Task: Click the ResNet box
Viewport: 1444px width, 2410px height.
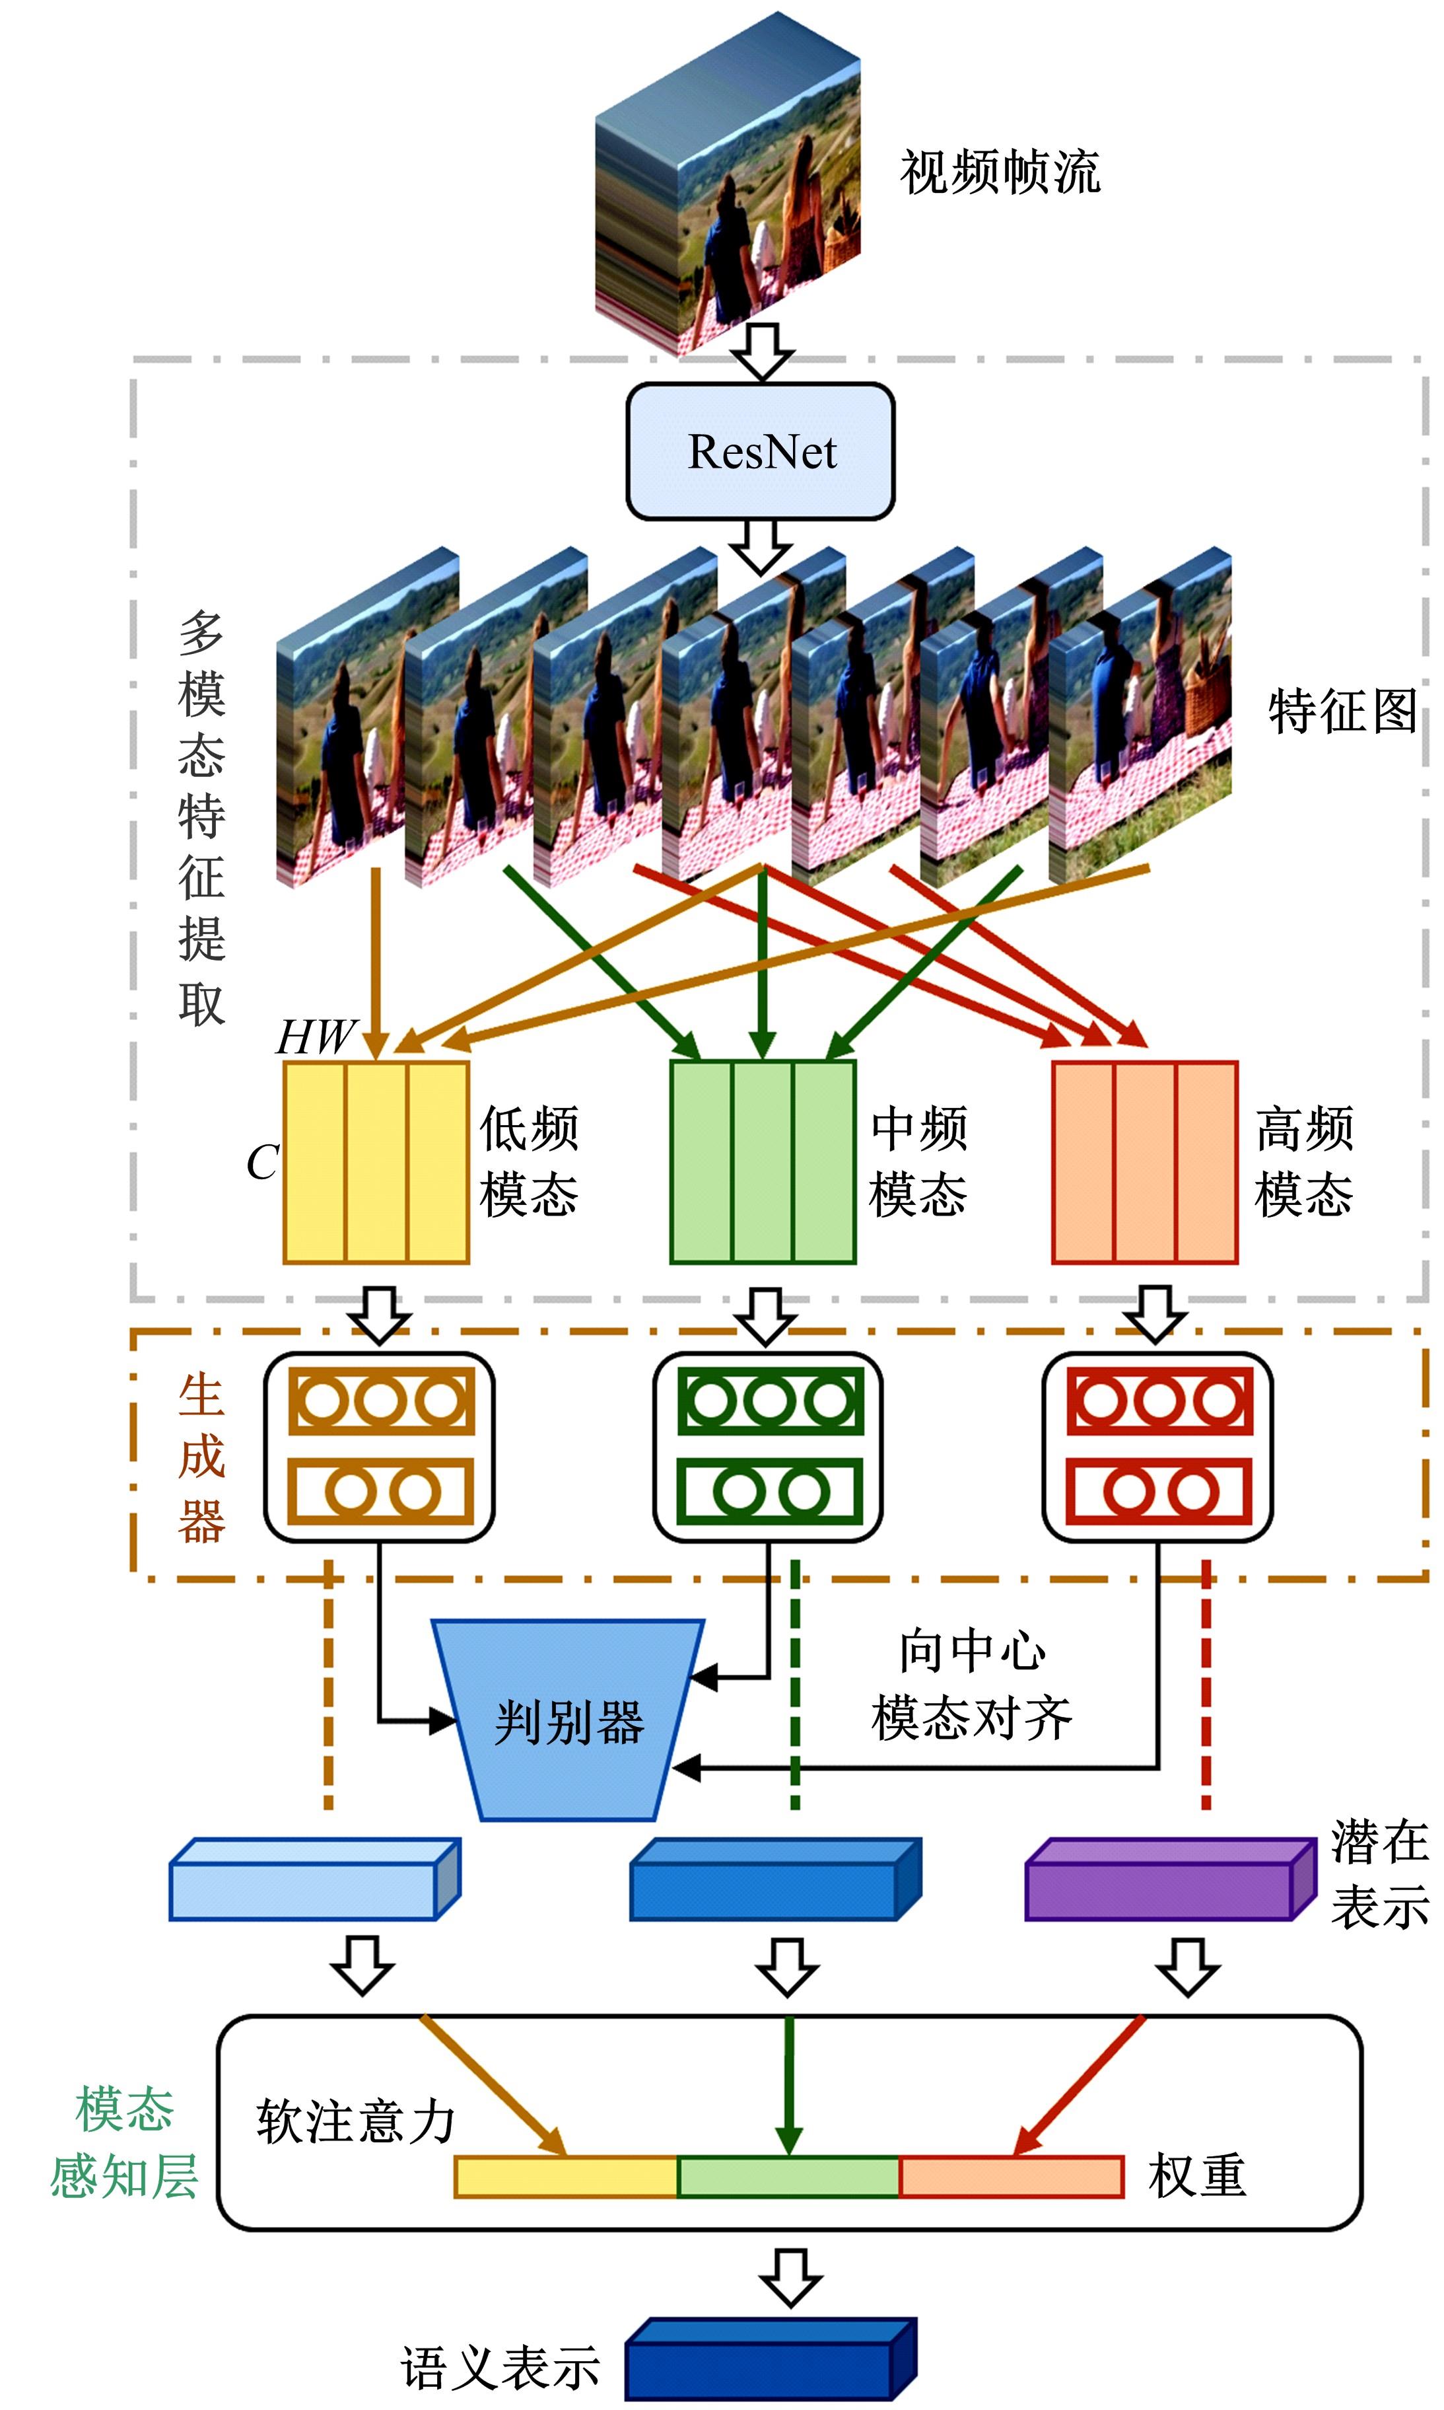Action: [x=760, y=451]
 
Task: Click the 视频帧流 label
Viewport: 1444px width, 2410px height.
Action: [x=1000, y=172]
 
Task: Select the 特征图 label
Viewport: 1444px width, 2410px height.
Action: [x=1342, y=711]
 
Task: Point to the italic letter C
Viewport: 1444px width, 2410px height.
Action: [x=261, y=1162]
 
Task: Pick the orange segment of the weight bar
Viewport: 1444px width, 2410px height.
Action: [x=1011, y=2177]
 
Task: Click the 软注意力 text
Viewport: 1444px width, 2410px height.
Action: [x=355, y=2122]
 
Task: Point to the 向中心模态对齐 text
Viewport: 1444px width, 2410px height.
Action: [x=971, y=1684]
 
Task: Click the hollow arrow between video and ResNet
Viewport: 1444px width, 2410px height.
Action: [x=762, y=351]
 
